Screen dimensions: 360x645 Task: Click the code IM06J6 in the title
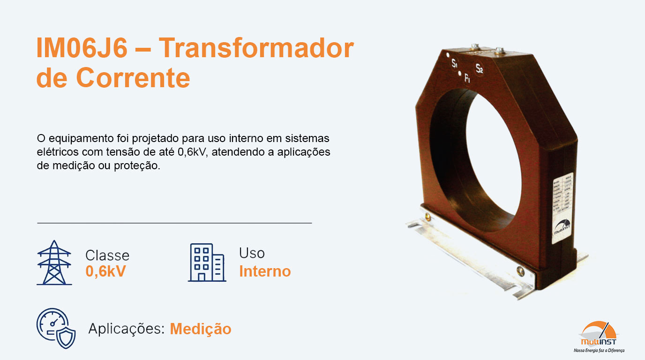coord(82,49)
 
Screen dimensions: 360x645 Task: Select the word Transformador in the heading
coord(256,49)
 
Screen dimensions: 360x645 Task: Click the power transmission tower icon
coord(54,263)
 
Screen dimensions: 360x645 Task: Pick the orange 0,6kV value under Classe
coord(105,271)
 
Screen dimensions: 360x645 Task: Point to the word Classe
coord(107,255)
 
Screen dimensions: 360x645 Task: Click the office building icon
coord(207,262)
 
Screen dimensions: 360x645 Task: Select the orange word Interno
coord(265,271)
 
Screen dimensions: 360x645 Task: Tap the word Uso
coord(252,253)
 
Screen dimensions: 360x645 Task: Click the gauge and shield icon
coord(56,328)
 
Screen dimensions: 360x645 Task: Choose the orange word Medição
coord(201,329)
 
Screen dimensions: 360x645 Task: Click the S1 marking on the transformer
coord(454,64)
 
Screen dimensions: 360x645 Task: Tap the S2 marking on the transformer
coord(479,69)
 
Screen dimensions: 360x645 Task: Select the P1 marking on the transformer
coord(467,80)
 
